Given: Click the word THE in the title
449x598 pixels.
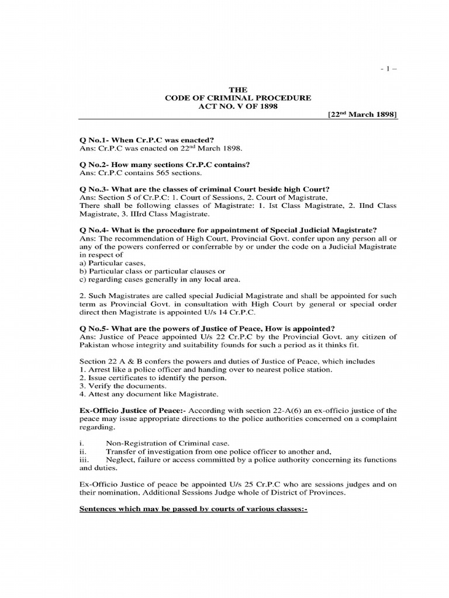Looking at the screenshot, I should point(238,89).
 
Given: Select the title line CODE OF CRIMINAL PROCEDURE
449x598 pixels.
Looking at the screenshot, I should point(238,98).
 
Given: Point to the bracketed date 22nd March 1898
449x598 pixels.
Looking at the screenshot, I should point(362,115).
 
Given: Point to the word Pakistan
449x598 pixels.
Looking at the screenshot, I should point(94,345).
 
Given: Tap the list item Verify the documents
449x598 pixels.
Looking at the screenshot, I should point(118,386).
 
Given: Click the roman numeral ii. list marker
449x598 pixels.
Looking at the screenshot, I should point(82,451).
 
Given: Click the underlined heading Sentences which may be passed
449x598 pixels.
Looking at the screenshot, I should point(193,509).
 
